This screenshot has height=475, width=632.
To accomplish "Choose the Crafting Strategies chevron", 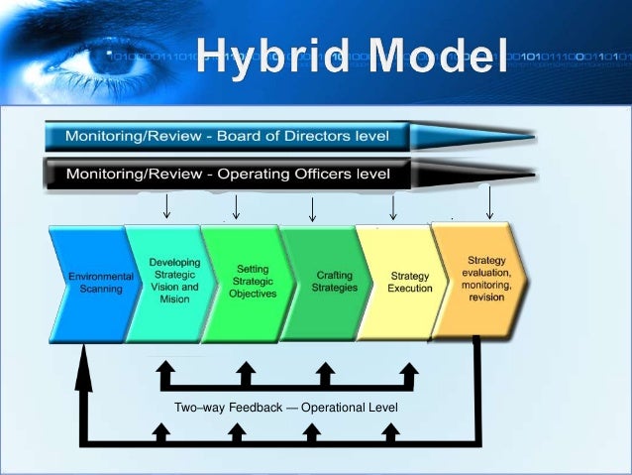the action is coord(328,282).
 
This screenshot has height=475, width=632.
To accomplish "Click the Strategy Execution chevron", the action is coord(405,282).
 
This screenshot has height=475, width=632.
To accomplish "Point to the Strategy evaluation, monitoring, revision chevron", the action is coord(483,279).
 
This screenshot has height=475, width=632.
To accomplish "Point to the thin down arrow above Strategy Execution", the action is coord(394,206).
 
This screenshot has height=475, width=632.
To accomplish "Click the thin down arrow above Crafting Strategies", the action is coord(312,207).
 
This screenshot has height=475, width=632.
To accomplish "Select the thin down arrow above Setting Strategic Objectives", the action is coord(236,206).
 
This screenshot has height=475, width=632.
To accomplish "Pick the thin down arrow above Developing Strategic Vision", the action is coord(166,206).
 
